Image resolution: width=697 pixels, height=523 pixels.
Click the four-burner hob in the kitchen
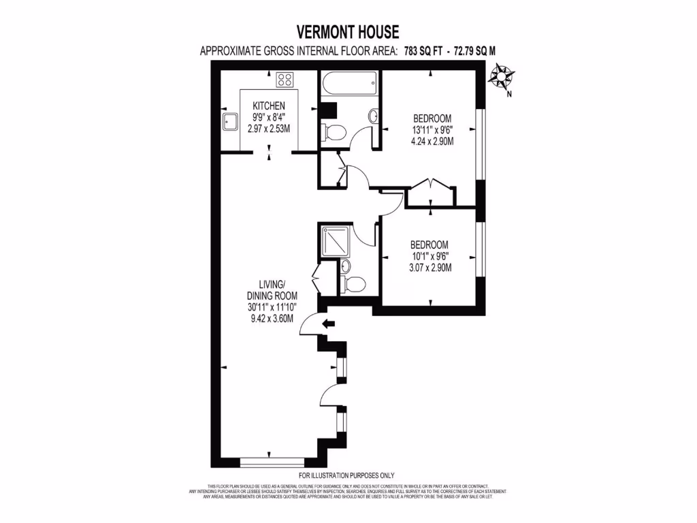coord(285,80)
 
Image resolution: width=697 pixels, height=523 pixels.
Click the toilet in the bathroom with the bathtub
coord(334,131)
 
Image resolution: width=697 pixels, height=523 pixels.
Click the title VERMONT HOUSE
coord(348,31)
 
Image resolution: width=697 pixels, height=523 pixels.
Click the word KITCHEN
coord(268,106)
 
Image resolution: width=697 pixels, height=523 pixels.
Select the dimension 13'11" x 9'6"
coord(432,130)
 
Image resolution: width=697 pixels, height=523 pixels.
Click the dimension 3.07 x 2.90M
coord(431,268)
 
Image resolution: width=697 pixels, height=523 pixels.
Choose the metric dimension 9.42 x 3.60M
coord(270,318)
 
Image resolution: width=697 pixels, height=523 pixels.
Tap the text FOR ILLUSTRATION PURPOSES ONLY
coord(346,475)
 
